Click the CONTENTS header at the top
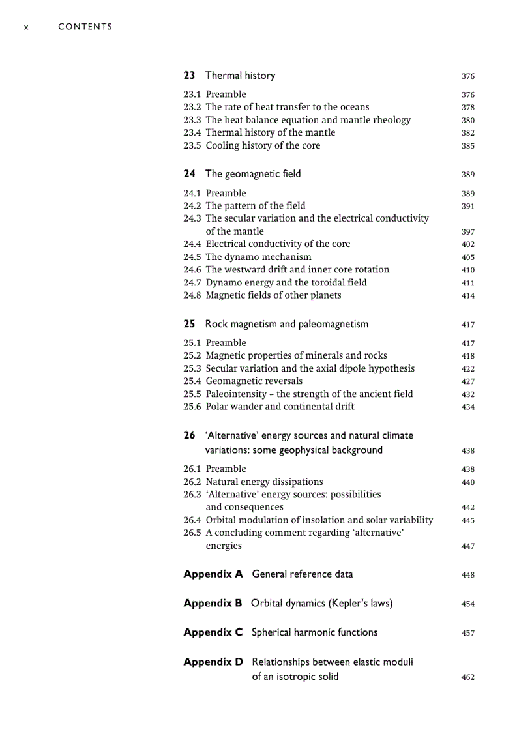click(x=85, y=27)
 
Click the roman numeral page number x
click(x=26, y=27)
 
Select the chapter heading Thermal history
click(x=240, y=76)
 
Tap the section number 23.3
click(x=192, y=120)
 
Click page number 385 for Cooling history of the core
click(x=467, y=146)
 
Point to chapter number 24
click(x=189, y=174)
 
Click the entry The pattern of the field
click(x=255, y=206)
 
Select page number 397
click(x=467, y=232)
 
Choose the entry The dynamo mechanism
click(x=258, y=257)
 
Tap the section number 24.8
click(x=192, y=295)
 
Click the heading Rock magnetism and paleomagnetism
click(x=286, y=324)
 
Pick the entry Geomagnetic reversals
click(x=254, y=381)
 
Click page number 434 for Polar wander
click(x=467, y=407)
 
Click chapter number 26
click(x=189, y=435)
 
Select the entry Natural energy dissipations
click(x=264, y=482)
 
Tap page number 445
click(x=467, y=521)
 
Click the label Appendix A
click(x=213, y=574)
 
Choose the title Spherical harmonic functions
click(x=314, y=632)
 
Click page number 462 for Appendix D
click(x=467, y=677)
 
